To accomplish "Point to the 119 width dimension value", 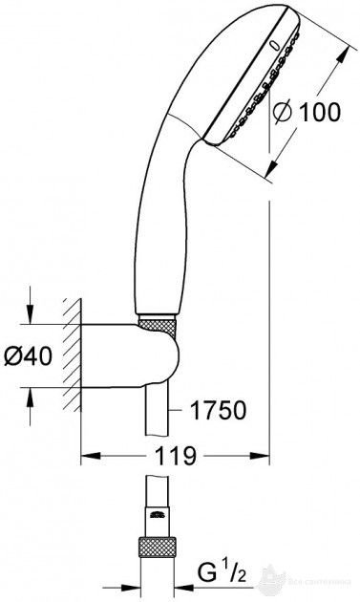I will point(174,456).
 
